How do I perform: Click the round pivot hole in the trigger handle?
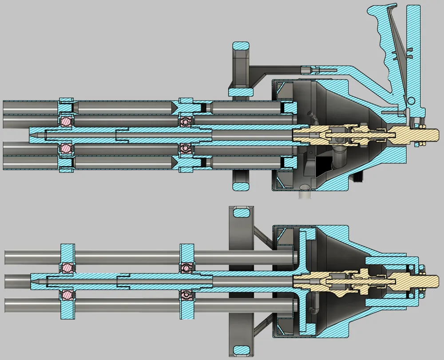point(411,100)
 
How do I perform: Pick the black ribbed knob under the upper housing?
point(360,178)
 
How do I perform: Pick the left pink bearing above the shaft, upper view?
point(66,120)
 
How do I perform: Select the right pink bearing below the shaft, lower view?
point(186,295)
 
